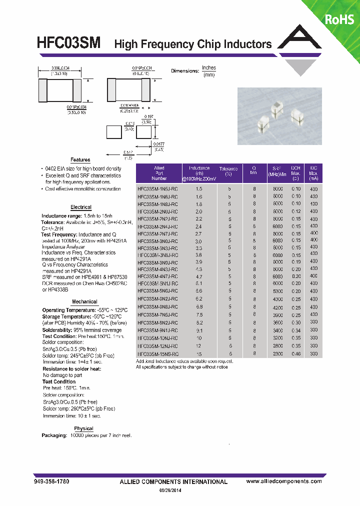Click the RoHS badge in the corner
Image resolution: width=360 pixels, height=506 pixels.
point(339,19)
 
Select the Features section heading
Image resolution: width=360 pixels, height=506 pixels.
point(80,160)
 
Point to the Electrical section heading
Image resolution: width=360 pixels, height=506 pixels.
point(81,207)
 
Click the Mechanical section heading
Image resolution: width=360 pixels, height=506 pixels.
point(84,301)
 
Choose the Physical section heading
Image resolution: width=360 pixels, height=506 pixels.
point(83,428)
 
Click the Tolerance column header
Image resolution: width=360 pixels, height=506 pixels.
point(229,171)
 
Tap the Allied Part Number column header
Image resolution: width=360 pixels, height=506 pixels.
point(159,173)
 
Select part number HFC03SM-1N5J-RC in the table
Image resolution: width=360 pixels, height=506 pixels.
point(157,189)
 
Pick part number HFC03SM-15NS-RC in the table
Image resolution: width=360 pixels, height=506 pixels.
point(157,353)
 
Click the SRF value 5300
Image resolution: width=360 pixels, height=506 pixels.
point(278,290)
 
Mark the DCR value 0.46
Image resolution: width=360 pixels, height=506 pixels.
point(296,353)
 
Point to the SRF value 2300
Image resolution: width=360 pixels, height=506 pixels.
point(278,353)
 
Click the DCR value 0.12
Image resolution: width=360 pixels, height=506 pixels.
point(296,211)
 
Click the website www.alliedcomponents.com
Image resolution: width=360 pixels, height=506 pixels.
point(284,481)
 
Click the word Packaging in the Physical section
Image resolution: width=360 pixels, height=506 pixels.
point(54,435)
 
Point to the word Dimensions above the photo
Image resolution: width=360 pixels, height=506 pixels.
point(184,71)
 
